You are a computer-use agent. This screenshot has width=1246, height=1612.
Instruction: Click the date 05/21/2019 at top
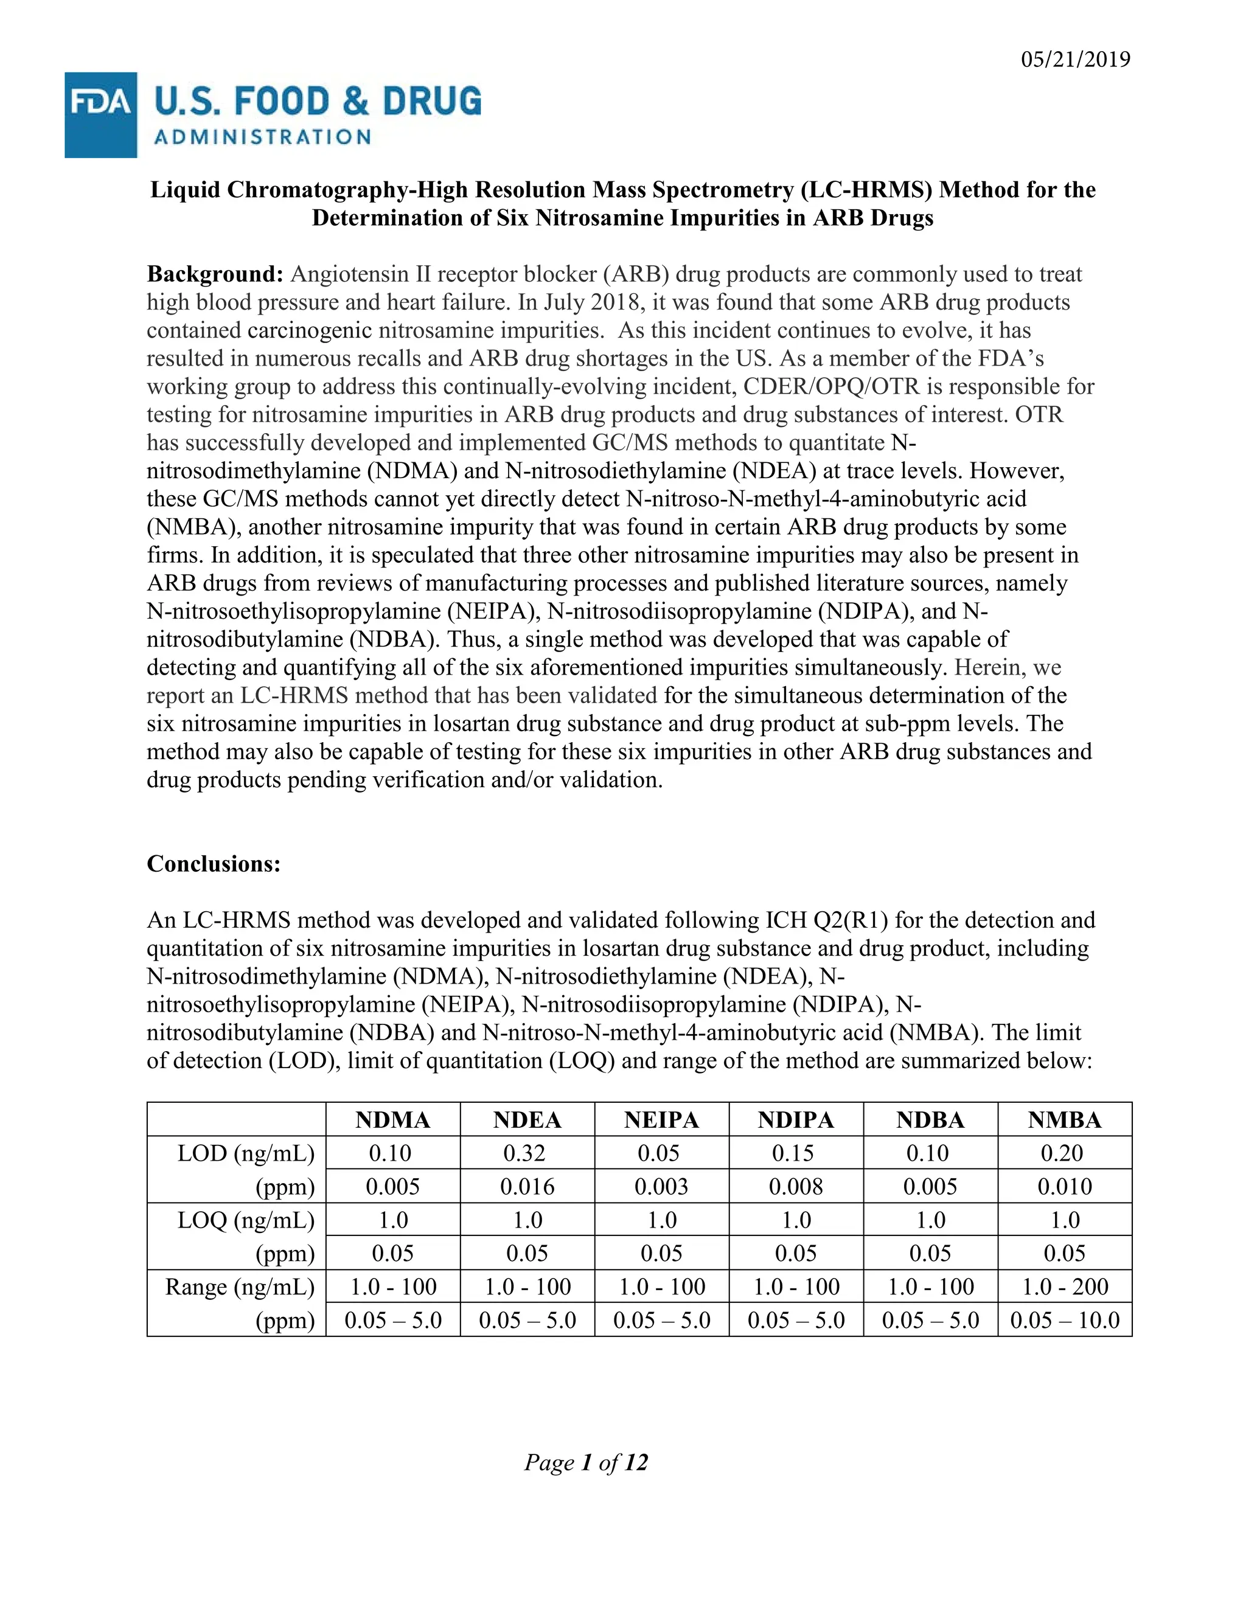1076,59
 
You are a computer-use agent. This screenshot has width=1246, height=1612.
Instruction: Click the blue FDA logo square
100,115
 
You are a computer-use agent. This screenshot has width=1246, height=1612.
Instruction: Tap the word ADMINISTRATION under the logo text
262,137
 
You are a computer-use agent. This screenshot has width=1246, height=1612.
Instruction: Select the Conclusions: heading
214,864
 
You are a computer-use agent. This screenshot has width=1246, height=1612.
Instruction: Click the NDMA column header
392,1120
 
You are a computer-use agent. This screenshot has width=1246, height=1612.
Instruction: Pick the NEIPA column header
661,1120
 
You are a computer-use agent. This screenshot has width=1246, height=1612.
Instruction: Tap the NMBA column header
1065,1120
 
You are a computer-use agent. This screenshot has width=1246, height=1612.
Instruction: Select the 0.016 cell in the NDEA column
527,1186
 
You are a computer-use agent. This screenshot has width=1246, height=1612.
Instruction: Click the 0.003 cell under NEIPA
661,1186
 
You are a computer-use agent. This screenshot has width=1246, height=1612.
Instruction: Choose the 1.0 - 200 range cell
1065,1287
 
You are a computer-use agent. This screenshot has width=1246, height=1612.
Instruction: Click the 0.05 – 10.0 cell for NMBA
1065,1320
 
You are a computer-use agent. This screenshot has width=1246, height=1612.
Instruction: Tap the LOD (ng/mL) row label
246,1153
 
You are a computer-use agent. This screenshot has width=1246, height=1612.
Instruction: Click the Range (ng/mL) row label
240,1287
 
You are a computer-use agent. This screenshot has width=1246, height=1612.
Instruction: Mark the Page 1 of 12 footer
586,1462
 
